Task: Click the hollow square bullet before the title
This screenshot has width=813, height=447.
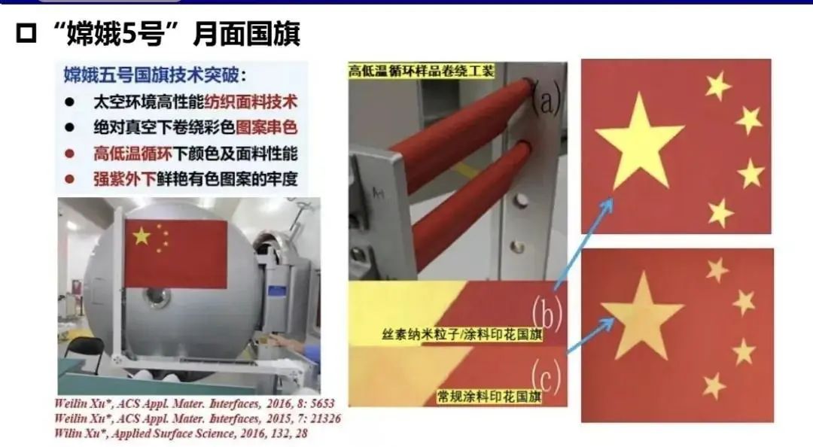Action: point(27,35)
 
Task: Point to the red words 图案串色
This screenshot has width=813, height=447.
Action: point(266,127)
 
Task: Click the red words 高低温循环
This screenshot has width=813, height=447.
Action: point(132,154)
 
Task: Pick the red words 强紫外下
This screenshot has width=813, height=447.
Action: point(123,180)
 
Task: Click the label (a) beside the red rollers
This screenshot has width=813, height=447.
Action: point(547,100)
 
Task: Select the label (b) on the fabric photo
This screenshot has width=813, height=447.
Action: point(547,315)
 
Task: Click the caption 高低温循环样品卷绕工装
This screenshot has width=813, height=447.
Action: point(421,71)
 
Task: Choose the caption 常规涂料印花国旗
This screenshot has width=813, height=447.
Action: point(489,396)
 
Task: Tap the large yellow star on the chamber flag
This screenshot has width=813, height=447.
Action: point(142,236)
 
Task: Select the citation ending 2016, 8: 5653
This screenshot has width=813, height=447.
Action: point(194,403)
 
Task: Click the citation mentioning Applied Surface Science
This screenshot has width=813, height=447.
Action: point(181,433)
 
